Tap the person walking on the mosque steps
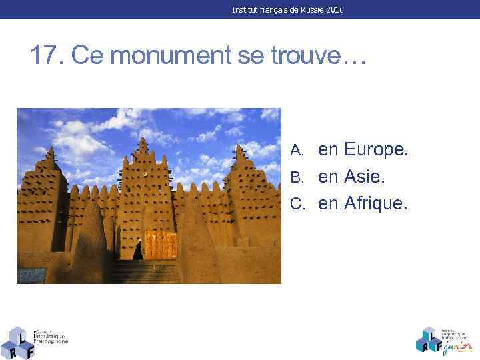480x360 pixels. (138, 251)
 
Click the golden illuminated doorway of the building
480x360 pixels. (160, 245)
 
